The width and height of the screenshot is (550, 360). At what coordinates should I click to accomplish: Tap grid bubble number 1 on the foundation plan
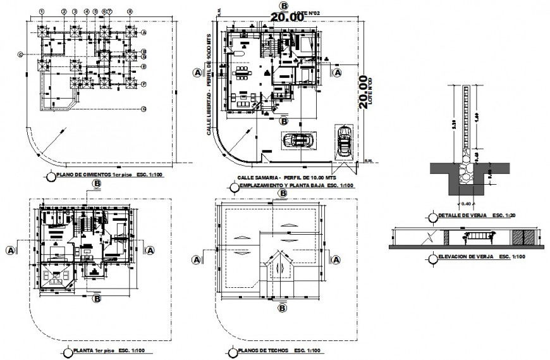point(41,11)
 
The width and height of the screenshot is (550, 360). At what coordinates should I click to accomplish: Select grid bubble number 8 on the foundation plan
point(130,11)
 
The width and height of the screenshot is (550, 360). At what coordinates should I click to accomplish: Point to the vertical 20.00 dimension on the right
point(363,92)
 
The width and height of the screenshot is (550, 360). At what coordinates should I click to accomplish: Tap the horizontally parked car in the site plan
point(296,140)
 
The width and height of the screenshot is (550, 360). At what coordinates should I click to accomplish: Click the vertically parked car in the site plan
point(345,141)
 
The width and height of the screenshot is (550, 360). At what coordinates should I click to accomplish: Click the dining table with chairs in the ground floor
point(242,74)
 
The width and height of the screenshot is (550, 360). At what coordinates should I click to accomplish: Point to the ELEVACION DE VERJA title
point(468,258)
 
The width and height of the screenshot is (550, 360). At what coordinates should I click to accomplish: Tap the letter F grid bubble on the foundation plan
point(144,84)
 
